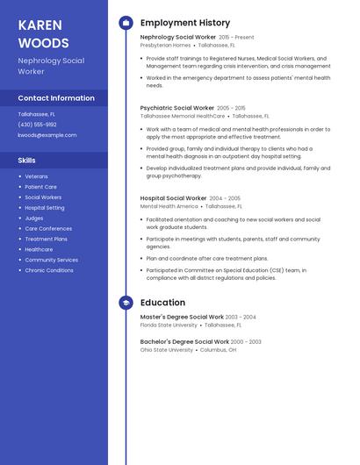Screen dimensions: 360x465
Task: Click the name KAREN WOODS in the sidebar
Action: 43,33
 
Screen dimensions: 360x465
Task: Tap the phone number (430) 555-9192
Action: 37,125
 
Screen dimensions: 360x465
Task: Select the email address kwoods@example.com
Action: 47,135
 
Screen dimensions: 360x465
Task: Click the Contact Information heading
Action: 56,98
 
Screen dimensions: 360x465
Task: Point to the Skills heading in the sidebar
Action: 27,161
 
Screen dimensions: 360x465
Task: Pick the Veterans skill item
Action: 37,176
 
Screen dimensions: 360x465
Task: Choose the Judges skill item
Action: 34,218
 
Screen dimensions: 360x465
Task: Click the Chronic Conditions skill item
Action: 49,270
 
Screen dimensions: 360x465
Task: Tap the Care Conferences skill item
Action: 48,228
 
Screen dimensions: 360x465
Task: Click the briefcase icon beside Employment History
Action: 126,23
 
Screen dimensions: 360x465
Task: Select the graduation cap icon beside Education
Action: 126,303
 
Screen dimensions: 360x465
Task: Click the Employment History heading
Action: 185,23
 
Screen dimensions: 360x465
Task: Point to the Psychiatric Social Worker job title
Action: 176,108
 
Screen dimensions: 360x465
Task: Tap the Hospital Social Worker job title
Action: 173,198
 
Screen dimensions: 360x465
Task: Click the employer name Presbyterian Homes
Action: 165,45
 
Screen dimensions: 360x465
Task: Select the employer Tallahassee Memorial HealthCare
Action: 183,116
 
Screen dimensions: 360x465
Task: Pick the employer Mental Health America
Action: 169,206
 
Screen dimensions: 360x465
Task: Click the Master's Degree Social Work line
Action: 182,317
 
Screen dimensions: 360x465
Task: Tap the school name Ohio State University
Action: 167,349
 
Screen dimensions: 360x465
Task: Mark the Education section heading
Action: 162,303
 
